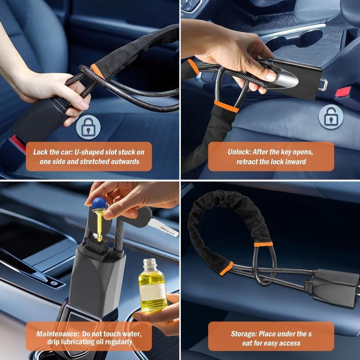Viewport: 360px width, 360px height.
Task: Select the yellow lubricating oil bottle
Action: click(x=151, y=288)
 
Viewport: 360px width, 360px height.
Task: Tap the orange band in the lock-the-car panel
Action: click(x=96, y=69)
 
